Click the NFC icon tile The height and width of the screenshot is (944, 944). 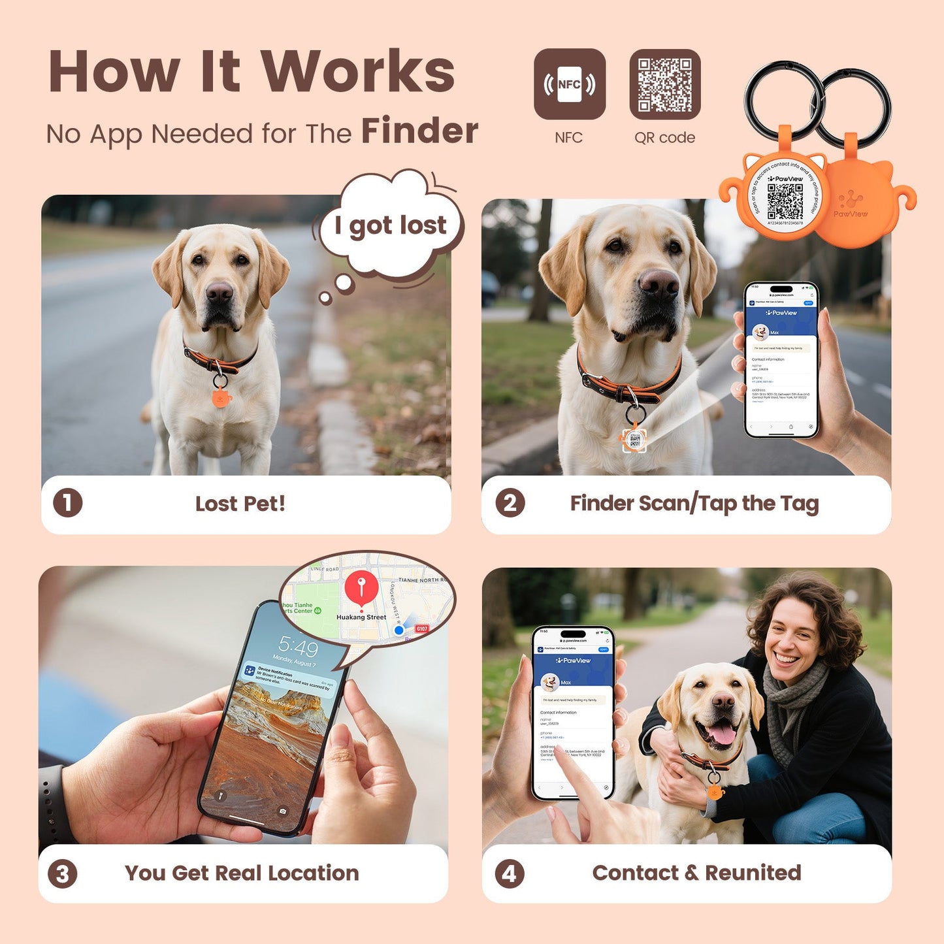click(x=569, y=84)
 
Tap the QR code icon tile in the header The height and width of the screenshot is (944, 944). click(x=664, y=84)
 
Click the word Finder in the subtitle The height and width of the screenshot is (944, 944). click(x=419, y=131)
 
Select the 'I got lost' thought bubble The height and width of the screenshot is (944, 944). click(x=391, y=225)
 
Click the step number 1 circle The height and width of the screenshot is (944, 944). click(x=67, y=503)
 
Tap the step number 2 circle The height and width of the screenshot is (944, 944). click(x=510, y=503)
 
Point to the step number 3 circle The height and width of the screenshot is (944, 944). click(x=63, y=873)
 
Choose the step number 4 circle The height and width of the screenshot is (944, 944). click(x=510, y=873)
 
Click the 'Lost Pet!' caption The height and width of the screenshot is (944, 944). click(x=240, y=504)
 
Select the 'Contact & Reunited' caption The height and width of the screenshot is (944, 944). click(x=696, y=873)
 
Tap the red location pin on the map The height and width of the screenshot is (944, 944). click(x=361, y=587)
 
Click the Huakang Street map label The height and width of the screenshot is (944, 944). click(x=361, y=617)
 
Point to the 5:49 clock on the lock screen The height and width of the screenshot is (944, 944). click(x=299, y=647)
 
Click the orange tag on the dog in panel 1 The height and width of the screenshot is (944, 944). click(x=221, y=396)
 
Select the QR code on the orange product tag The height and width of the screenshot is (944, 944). click(x=785, y=201)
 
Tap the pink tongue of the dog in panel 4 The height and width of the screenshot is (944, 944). click(x=722, y=734)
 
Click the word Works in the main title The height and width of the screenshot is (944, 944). click(x=358, y=72)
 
